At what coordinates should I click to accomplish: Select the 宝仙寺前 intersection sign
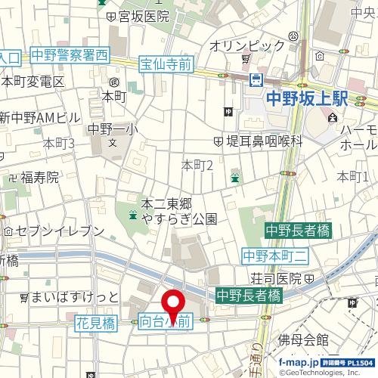[165, 66]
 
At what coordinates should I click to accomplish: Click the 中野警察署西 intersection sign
[70, 54]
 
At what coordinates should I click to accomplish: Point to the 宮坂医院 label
[144, 15]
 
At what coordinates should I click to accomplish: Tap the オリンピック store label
[248, 45]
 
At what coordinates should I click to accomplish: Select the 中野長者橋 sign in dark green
[297, 230]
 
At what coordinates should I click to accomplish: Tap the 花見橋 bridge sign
[95, 323]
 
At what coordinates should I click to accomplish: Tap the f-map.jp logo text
[299, 363]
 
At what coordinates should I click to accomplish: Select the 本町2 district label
[197, 165]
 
